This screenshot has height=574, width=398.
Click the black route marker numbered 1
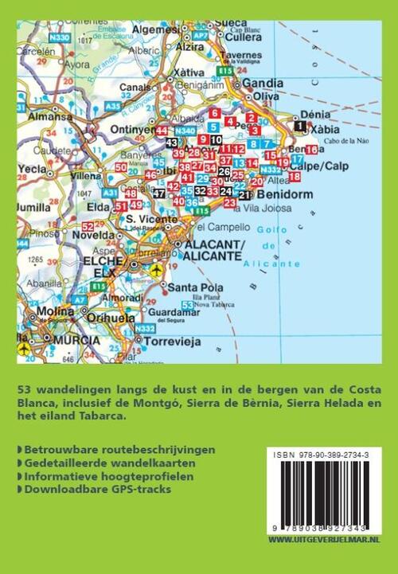pyautogui.click(x=299, y=126)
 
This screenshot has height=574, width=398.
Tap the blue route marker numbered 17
pyautogui.click(x=297, y=159)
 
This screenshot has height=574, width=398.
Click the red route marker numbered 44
pyautogui.click(x=162, y=131)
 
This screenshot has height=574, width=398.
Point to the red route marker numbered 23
pyautogui.click(x=229, y=203)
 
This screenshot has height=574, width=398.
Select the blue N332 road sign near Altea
pyautogui.click(x=270, y=170)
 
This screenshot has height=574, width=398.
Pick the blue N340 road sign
pyautogui.click(x=184, y=130)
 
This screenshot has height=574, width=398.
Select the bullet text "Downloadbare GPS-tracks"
pyautogui.click(x=99, y=490)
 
